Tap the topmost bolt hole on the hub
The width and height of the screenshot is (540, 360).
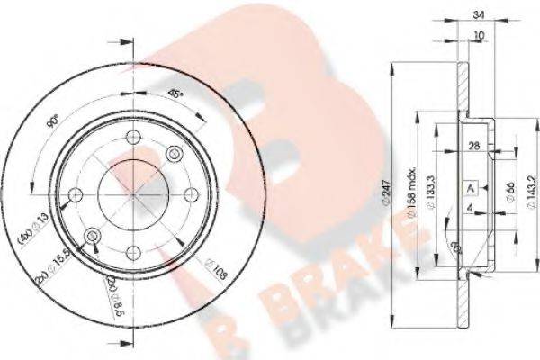133,138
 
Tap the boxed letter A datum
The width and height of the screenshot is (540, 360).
471,187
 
